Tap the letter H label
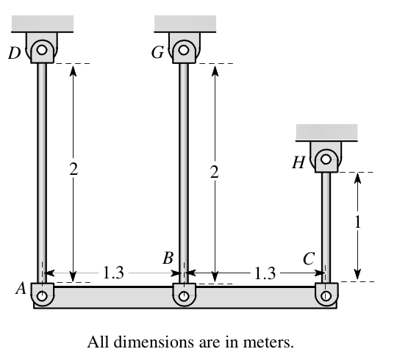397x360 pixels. tap(298, 163)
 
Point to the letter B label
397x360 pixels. tap(168, 258)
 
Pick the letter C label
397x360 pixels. tap(309, 258)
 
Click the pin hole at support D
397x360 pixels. tap(43, 51)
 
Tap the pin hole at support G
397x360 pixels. tap(184, 51)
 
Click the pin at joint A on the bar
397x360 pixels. tap(43, 296)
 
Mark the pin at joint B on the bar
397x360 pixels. tap(184, 296)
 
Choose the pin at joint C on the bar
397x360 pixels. tap(326, 296)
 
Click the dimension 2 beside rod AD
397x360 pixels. tap(73, 170)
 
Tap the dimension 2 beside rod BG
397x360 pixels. tap(214, 173)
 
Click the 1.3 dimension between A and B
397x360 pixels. tap(113, 273)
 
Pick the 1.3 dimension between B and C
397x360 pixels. tap(263, 273)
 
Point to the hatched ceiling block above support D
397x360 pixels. tap(43, 23)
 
